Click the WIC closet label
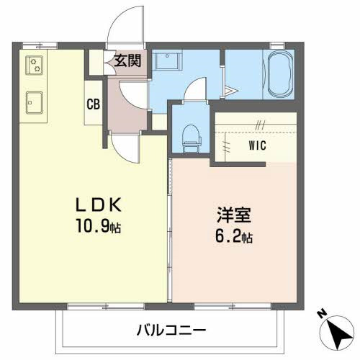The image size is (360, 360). coord(259,145)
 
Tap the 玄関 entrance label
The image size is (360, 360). coord(127,62)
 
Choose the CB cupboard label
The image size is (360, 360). coord(94,104)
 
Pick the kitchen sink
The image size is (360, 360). coord(33,102)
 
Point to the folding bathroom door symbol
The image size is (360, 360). coord(230,90)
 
